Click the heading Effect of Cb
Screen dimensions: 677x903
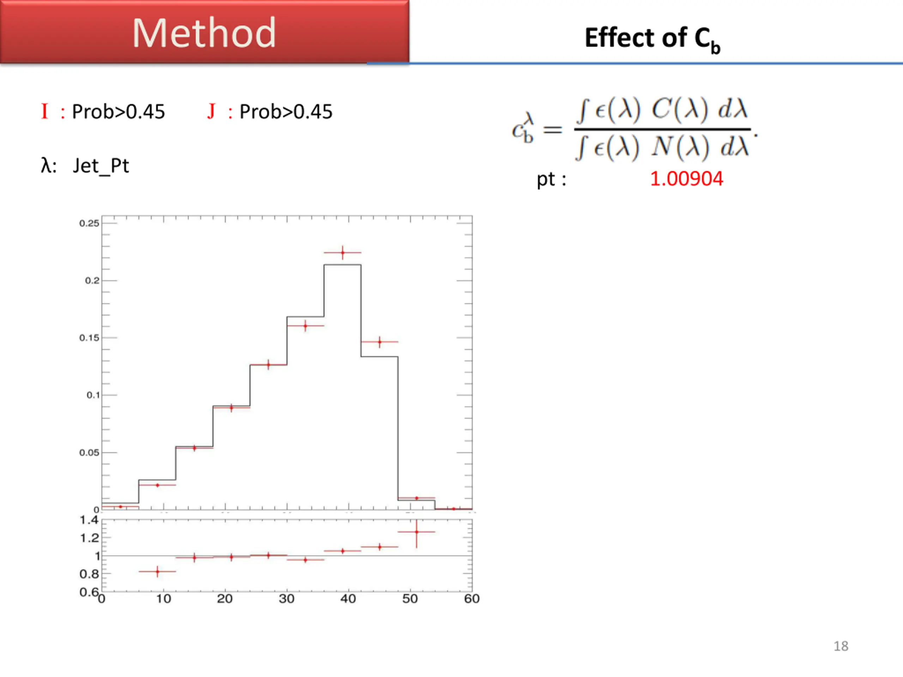pos(652,39)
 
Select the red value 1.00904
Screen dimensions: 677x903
pos(686,179)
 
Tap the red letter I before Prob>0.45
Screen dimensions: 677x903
pos(44,111)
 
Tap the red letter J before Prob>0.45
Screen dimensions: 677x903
pos(211,111)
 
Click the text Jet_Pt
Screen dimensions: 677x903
pos(101,166)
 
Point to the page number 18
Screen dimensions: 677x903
pos(841,646)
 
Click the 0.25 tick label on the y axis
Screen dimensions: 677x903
pos(89,223)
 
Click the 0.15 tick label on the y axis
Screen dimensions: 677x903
pos(89,338)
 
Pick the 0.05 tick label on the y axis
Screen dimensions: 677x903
pos(89,452)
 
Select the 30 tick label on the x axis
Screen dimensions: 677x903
pos(286,599)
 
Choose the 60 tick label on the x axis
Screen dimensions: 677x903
pos(472,599)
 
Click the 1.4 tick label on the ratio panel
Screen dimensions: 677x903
pos(89,520)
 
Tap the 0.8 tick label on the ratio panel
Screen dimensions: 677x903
pos(89,574)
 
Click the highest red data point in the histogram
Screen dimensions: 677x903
pos(343,252)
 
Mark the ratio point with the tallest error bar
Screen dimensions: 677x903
pos(416,532)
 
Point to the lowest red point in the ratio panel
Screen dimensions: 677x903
pos(158,571)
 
